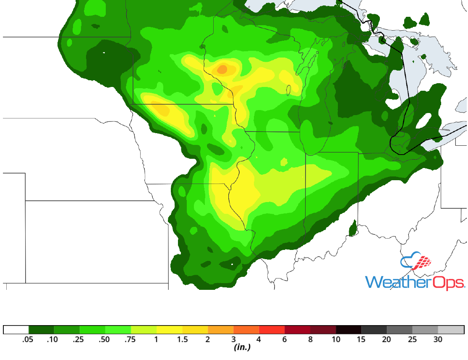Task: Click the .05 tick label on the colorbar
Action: (29, 339)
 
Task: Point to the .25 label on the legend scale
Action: (79, 339)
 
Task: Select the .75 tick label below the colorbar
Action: (130, 339)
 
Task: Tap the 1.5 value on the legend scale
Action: (182, 339)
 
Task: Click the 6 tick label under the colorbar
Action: (285, 339)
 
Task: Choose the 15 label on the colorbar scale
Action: (361, 339)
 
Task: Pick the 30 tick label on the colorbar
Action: (438, 339)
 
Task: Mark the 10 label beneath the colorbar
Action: (336, 339)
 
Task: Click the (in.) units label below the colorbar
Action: (242, 348)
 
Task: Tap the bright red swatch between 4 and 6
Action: (272, 329)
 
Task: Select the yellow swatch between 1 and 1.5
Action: (169, 329)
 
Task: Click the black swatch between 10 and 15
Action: (348, 329)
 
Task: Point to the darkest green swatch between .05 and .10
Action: (41, 329)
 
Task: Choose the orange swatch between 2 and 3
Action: (220, 329)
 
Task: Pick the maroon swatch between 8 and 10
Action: (323, 329)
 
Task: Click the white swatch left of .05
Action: (16, 329)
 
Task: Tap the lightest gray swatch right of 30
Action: (451, 329)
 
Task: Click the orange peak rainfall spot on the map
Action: (222, 69)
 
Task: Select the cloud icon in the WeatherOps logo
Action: (416, 262)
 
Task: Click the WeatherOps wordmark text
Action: (414, 282)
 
